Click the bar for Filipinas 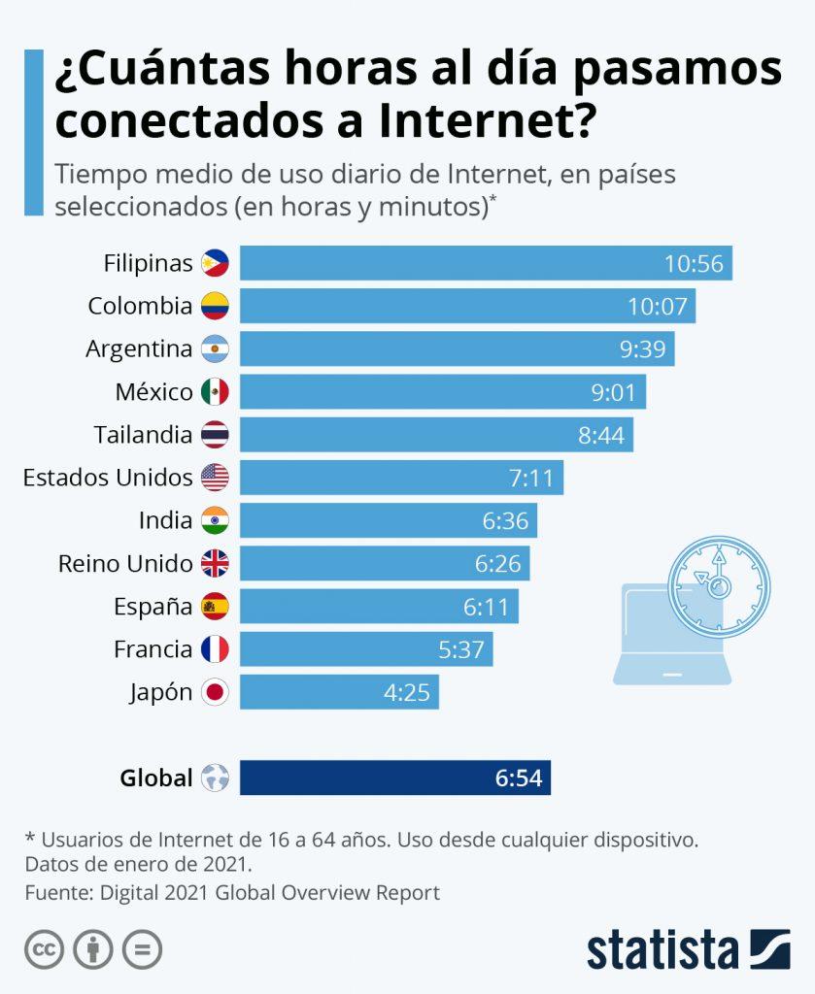(486, 263)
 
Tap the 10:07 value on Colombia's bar (658, 307)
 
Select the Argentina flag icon (215, 349)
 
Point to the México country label (153, 392)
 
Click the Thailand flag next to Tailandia (215, 435)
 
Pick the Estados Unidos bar (401, 478)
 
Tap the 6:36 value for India (505, 521)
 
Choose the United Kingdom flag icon (215, 564)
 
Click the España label (153, 607)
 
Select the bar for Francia (366, 649)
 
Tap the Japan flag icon (215, 693)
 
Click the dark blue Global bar (395, 778)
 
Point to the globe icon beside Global (215, 778)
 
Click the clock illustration (719, 585)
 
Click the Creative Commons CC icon (44, 949)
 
